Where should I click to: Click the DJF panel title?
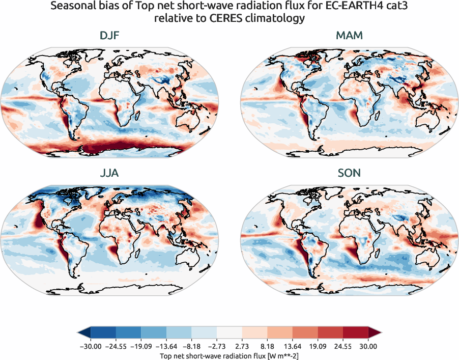coord(110,36)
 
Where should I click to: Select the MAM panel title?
coord(349,36)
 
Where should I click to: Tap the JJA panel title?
coord(110,173)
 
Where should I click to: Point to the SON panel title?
coord(349,173)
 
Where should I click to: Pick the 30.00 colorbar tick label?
coord(368,346)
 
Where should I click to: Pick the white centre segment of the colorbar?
coord(230,333)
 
